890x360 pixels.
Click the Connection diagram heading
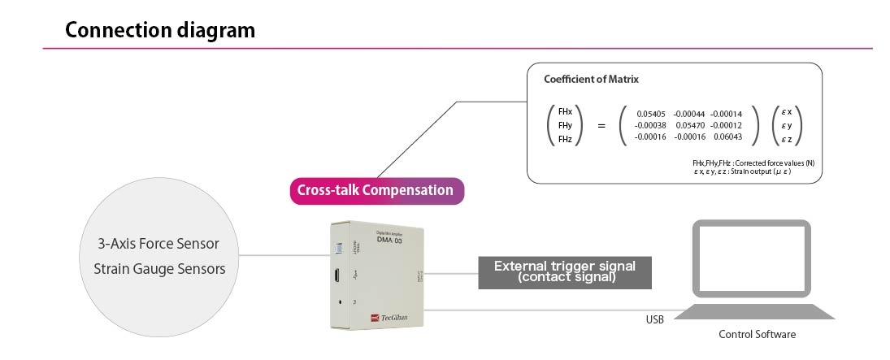[160, 31]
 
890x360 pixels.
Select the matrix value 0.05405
[650, 114]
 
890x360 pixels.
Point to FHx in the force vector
[565, 111]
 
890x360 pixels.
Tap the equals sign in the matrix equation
[601, 125]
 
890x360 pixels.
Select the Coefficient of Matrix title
[591, 80]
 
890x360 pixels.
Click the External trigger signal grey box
[565, 272]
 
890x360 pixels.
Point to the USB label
[654, 319]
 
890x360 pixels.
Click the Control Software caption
[758, 334]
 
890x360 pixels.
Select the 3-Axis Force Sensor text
[153, 243]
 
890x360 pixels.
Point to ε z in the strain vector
[786, 139]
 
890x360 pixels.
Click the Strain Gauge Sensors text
[154, 267]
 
